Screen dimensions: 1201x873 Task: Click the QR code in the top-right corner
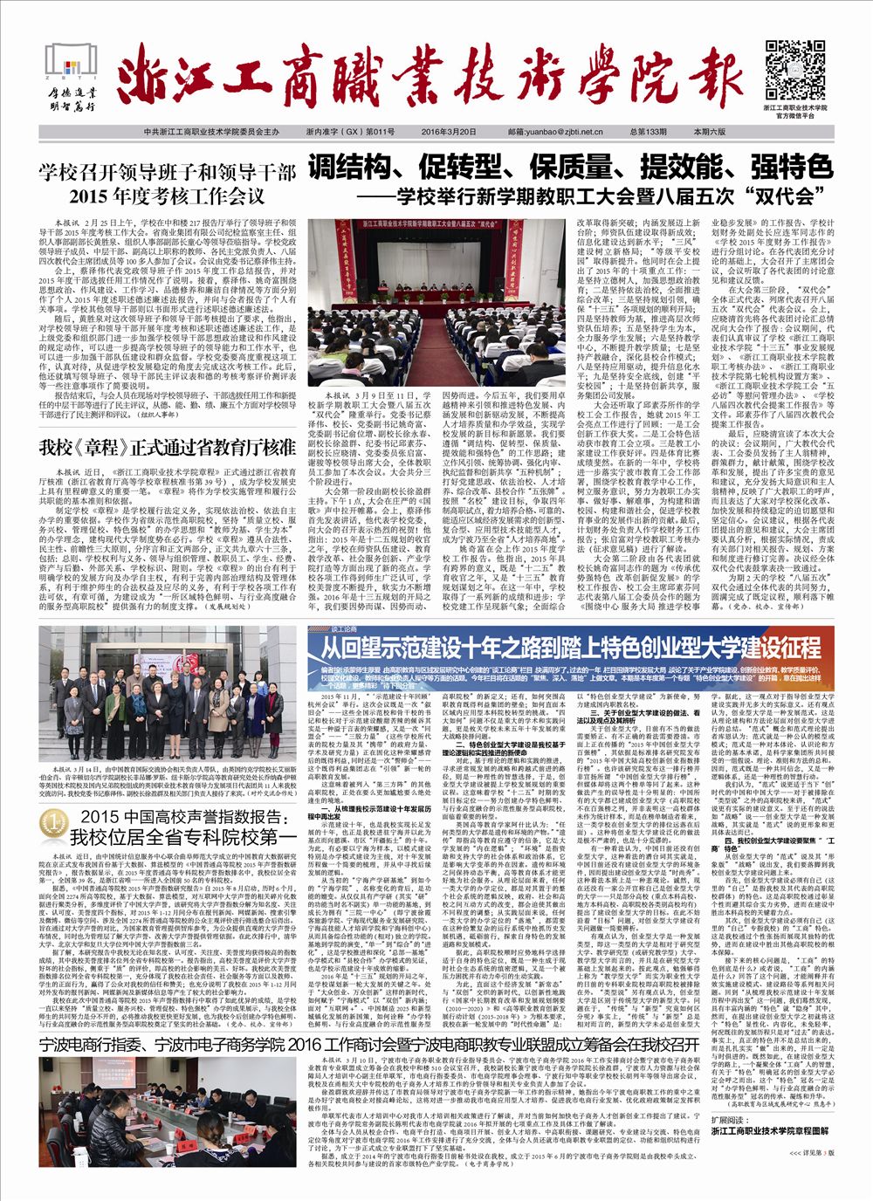791,69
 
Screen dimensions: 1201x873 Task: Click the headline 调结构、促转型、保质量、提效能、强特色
570,166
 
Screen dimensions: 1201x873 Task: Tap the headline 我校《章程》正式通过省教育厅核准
168,449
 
